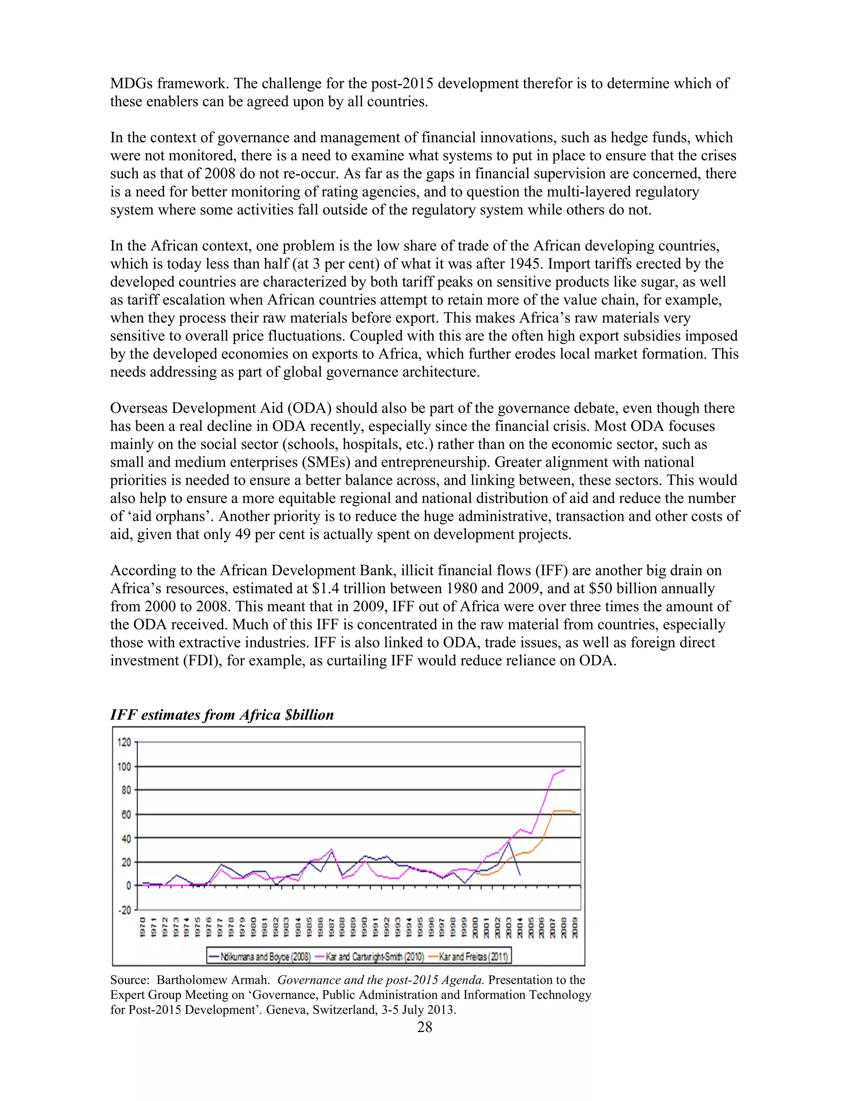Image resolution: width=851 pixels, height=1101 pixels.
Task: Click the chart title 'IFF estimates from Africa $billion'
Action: (x=222, y=715)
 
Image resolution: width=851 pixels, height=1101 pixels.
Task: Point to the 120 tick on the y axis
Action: (x=124, y=742)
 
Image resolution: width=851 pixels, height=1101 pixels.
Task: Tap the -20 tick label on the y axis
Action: (x=124, y=910)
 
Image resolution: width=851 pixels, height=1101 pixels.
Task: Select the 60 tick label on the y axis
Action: (x=125, y=815)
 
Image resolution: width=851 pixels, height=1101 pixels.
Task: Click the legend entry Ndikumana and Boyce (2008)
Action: (x=260, y=956)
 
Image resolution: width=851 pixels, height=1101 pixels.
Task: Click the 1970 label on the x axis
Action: (x=143, y=928)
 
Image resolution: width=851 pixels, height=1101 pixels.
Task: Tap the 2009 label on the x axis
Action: (x=575, y=928)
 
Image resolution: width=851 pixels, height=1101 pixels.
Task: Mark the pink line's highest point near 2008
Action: (x=563, y=770)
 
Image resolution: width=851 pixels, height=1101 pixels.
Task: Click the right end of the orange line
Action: (x=575, y=812)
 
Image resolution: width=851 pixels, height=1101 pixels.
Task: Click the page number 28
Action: (x=425, y=1027)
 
